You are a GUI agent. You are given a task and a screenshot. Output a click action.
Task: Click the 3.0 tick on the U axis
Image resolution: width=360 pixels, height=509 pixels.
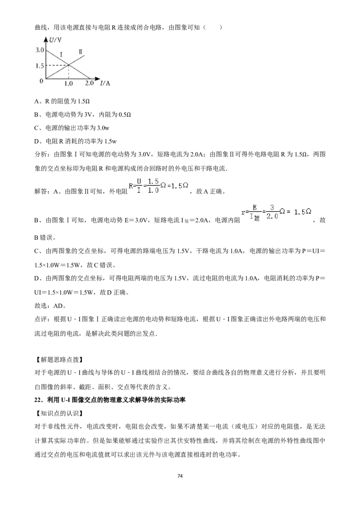40,50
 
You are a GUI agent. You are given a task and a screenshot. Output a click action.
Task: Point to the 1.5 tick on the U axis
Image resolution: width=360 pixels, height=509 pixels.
40,66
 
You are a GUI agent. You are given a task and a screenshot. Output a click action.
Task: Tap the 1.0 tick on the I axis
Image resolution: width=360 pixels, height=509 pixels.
68,84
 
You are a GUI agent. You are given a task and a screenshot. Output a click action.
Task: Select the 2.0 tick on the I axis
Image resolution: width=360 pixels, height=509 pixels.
90,83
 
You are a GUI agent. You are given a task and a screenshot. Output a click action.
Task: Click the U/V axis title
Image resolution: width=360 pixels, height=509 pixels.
55,40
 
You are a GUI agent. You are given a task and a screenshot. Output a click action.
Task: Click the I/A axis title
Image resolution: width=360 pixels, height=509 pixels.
105,84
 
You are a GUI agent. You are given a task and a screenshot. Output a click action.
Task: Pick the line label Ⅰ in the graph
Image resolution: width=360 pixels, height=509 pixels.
61,54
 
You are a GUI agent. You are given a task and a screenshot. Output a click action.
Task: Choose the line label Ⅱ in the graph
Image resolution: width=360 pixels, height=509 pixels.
81,52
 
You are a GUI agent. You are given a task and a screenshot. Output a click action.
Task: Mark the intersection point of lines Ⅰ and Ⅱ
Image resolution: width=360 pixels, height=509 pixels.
68,65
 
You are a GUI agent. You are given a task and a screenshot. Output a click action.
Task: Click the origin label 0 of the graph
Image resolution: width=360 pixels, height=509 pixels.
41,81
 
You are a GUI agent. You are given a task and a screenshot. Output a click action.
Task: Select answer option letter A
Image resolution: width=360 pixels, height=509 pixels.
36,101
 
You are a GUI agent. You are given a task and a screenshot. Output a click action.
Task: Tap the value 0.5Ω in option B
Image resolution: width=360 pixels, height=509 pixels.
125,115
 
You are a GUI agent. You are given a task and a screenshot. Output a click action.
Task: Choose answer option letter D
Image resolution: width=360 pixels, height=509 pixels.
36,141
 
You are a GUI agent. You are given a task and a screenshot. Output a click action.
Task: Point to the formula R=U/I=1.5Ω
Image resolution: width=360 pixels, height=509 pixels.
158,186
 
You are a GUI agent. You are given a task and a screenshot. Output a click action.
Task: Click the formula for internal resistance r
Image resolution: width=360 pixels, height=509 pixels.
276,213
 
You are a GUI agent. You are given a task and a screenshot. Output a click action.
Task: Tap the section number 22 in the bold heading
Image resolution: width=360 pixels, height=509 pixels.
38,400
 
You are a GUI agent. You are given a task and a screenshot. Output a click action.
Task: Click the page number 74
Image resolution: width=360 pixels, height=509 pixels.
180,476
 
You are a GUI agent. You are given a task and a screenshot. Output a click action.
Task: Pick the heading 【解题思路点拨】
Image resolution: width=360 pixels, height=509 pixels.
58,359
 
